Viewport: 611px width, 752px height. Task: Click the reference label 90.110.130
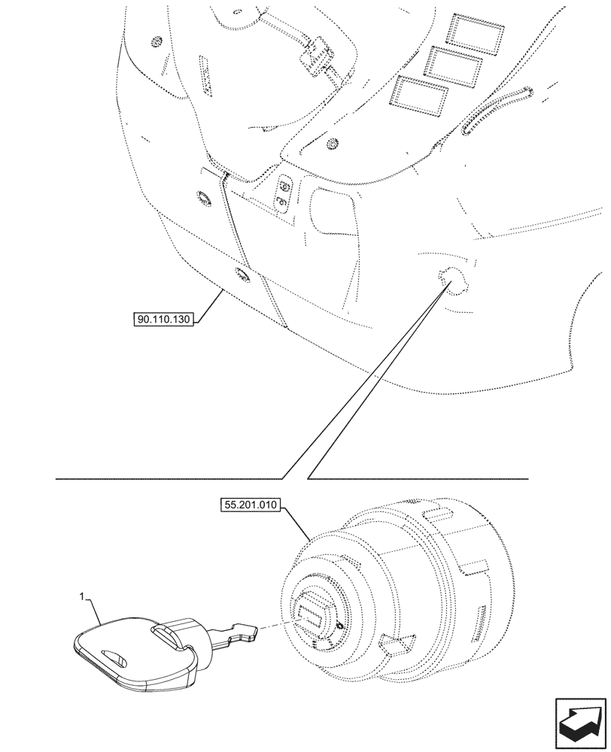coord(164,320)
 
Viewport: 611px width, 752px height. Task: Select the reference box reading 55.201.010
coord(251,506)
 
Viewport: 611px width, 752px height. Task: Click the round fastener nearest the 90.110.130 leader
coord(242,275)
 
